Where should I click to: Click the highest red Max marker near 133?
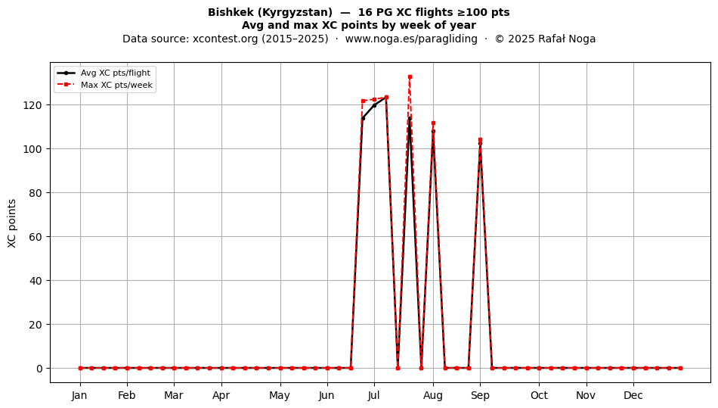coord(410,77)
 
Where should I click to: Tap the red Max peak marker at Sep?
coord(480,140)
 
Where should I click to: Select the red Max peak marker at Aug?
coord(433,123)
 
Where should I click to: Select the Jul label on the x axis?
coord(373,395)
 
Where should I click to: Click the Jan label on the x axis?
coord(79,395)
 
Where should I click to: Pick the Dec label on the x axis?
coord(633,395)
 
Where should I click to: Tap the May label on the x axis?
coord(280,396)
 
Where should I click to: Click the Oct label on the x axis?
coord(539,395)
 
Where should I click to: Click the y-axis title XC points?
coord(12,223)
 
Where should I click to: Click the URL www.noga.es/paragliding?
coord(411,39)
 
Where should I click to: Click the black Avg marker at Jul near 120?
coord(374,105)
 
